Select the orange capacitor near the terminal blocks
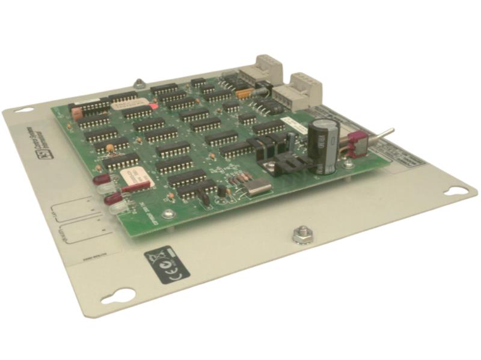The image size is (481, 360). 244,93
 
